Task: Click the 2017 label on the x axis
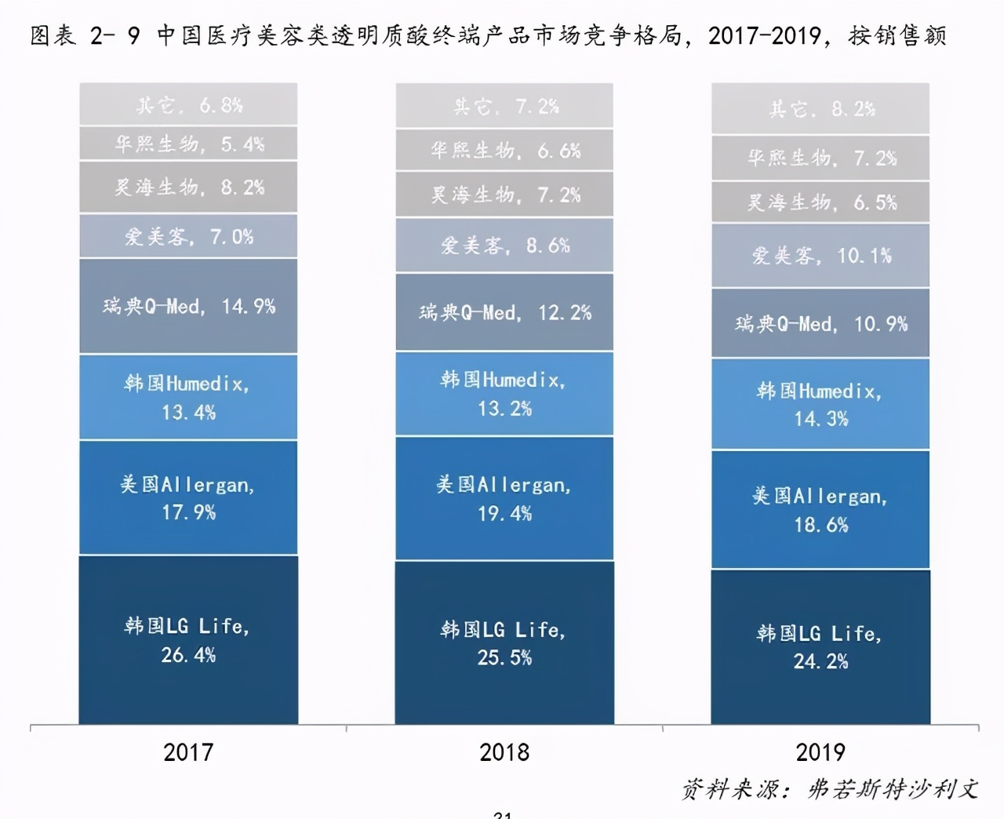[x=188, y=752]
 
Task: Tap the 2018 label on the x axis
[x=504, y=752]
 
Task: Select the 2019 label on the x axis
[x=820, y=752]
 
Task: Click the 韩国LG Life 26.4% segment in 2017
[x=188, y=639]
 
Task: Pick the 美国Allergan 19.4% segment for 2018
[x=504, y=499]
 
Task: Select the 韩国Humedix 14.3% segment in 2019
[x=820, y=405]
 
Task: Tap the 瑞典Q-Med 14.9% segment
[x=188, y=306]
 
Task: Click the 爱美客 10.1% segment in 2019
[x=820, y=256]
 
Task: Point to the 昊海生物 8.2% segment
[x=188, y=187]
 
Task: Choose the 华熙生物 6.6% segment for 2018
[x=504, y=151]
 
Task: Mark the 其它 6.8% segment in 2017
[x=188, y=104]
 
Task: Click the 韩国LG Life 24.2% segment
[x=820, y=646]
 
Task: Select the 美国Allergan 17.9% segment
[x=188, y=498]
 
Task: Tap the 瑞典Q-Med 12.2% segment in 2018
[x=504, y=312]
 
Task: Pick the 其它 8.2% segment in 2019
[x=820, y=108]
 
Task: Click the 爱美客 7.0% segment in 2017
[x=188, y=236]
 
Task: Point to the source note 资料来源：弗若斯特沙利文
[x=830, y=788]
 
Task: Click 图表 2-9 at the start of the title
[x=85, y=35]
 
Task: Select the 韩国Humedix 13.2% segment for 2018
[x=504, y=394]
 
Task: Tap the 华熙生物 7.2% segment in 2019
[x=820, y=158]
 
